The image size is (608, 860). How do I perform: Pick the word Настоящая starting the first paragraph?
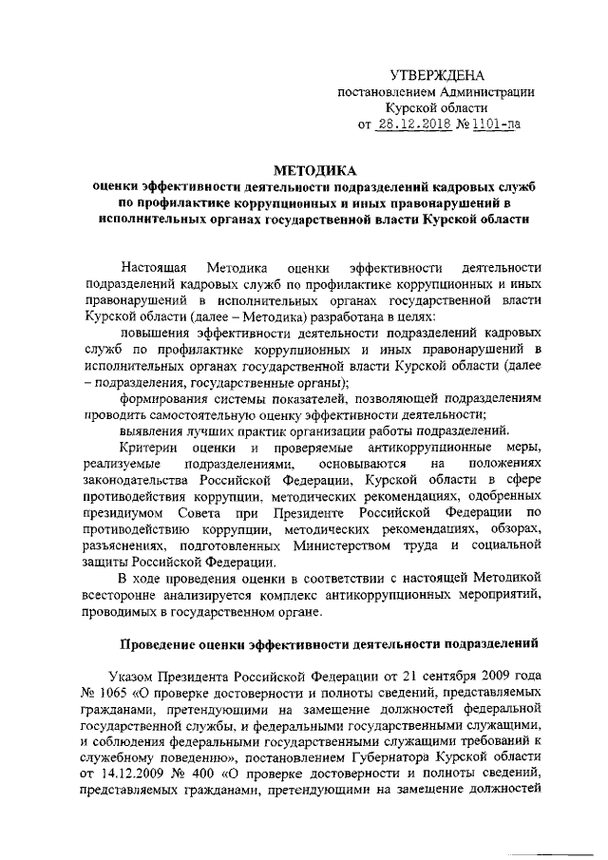click(158, 268)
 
